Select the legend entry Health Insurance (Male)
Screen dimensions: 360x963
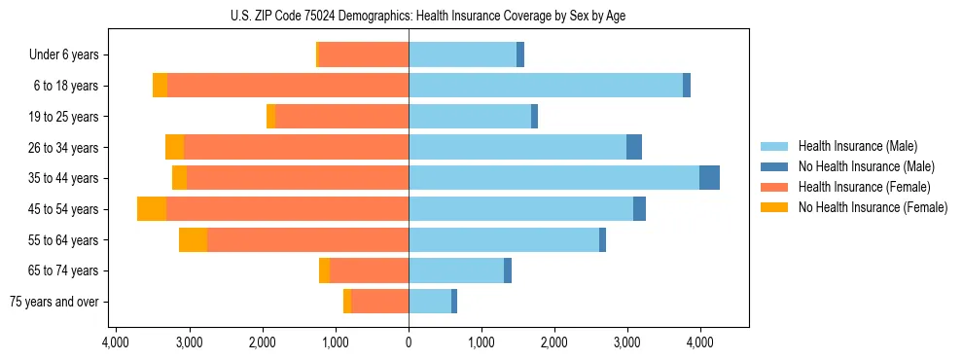[857, 146]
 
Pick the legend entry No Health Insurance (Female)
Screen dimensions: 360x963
[873, 207]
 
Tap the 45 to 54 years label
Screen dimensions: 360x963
[65, 209]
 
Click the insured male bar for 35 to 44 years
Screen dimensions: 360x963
[553, 178]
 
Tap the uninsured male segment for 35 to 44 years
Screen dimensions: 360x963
[709, 178]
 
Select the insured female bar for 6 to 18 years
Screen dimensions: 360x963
[287, 86]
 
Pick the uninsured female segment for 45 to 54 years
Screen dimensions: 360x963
[152, 209]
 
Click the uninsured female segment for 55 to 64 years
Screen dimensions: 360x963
[193, 239]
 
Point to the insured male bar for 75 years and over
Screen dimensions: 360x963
[430, 302]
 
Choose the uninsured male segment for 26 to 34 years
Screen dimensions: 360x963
[634, 147]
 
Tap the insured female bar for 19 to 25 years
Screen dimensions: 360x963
[341, 117]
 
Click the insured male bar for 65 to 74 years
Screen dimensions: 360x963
[456, 270]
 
